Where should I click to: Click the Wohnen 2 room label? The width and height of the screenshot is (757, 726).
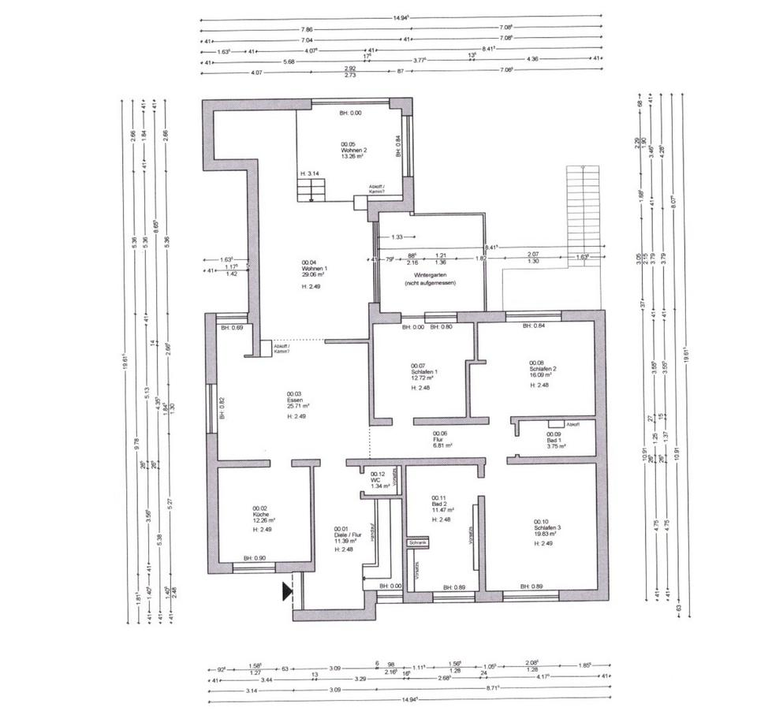pyautogui.click(x=354, y=150)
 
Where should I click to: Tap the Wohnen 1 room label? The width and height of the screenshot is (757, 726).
pyautogui.click(x=313, y=268)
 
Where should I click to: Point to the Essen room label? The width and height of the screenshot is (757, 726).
pyautogui.click(x=296, y=400)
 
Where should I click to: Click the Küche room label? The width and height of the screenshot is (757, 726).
pyautogui.click(x=261, y=514)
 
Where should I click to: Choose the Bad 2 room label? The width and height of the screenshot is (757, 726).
pyautogui.click(x=440, y=505)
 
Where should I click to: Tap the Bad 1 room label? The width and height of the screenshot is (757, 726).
pyautogui.click(x=556, y=440)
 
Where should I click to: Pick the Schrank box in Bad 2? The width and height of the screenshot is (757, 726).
pyautogui.click(x=418, y=543)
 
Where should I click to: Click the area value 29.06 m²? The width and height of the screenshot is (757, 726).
pyautogui.click(x=314, y=274)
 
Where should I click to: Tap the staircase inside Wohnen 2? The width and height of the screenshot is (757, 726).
pyautogui.click(x=312, y=190)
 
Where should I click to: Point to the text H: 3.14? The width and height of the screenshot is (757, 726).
pyautogui.click(x=308, y=173)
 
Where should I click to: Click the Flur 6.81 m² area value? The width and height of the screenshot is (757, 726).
pyautogui.click(x=442, y=446)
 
